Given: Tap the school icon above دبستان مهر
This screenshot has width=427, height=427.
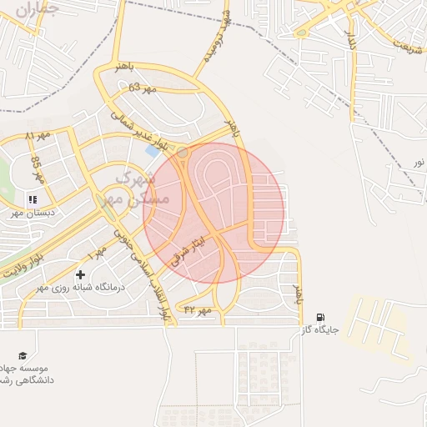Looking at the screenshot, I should [33, 199].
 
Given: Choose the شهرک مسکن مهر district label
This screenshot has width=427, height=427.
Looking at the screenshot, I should [133, 188].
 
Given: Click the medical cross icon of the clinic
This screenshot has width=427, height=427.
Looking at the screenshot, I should [80, 274].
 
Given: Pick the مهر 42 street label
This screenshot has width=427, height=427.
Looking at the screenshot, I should [200, 310].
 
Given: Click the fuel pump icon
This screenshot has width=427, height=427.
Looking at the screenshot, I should [321, 317].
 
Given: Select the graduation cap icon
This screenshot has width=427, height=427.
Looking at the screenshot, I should [22, 356].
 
